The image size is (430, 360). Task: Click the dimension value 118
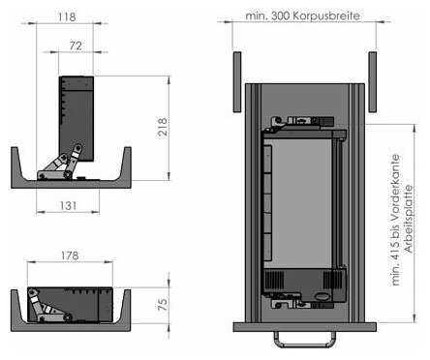[x=67, y=16]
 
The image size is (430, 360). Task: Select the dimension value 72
[x=76, y=45]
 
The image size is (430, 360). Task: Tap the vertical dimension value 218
[x=163, y=127]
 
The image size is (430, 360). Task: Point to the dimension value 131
[x=68, y=205]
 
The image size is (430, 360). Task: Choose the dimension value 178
[x=70, y=255]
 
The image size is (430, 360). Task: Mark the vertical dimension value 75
[x=163, y=305]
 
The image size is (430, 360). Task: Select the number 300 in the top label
[x=280, y=15]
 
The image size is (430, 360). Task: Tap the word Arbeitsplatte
[x=409, y=219]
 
